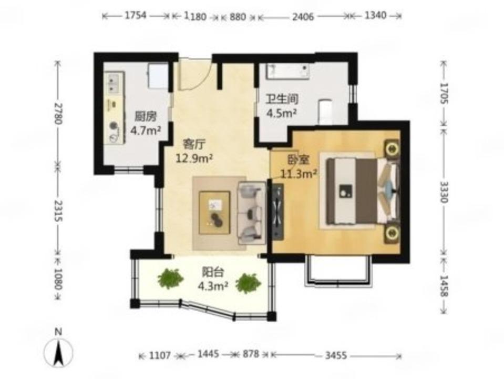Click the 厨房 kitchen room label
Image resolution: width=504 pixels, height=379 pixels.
click(146, 116)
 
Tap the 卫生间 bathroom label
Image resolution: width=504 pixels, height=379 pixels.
click(282, 99)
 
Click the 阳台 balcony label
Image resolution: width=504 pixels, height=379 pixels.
click(212, 273)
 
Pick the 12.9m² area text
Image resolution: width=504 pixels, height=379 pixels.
click(194, 158)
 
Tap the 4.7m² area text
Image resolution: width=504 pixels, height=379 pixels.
click(146, 130)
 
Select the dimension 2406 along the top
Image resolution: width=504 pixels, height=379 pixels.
click(303, 16)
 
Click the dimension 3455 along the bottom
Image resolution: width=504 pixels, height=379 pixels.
click(336, 355)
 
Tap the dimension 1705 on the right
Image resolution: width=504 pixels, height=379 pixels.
click(444, 93)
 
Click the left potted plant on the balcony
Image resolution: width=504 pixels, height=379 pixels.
click(170, 278)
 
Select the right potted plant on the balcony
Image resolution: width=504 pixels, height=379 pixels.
click(248, 283)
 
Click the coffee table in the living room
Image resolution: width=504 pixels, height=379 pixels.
click(214, 213)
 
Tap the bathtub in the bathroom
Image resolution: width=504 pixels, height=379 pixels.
click(287, 71)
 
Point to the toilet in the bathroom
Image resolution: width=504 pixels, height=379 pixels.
click(326, 111)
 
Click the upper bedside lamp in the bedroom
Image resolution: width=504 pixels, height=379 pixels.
click(392, 149)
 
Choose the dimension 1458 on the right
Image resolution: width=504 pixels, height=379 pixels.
click(444, 285)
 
